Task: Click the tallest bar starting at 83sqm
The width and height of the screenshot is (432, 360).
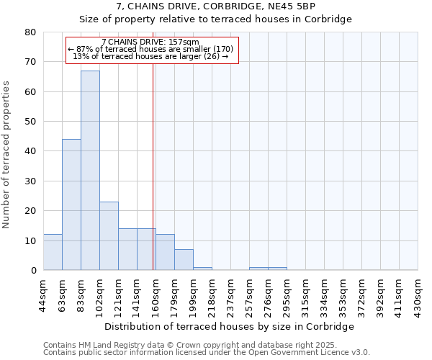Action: [90, 170]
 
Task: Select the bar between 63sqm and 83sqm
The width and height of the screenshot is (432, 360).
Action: [71, 204]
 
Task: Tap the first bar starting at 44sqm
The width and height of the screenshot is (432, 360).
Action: [53, 252]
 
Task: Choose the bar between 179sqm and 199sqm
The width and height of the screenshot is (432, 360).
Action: [184, 260]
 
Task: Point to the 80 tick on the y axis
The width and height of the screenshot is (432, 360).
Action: [30, 32]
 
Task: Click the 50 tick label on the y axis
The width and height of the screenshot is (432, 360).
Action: [30, 122]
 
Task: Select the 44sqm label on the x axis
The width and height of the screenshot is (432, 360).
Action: [44, 294]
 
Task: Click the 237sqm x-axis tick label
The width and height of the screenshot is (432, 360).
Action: [231, 294]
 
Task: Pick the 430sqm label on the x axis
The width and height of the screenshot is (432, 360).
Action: [418, 294]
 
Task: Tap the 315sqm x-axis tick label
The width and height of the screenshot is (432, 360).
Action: [306, 294]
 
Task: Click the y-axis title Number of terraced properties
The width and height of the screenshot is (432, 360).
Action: [7, 155]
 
